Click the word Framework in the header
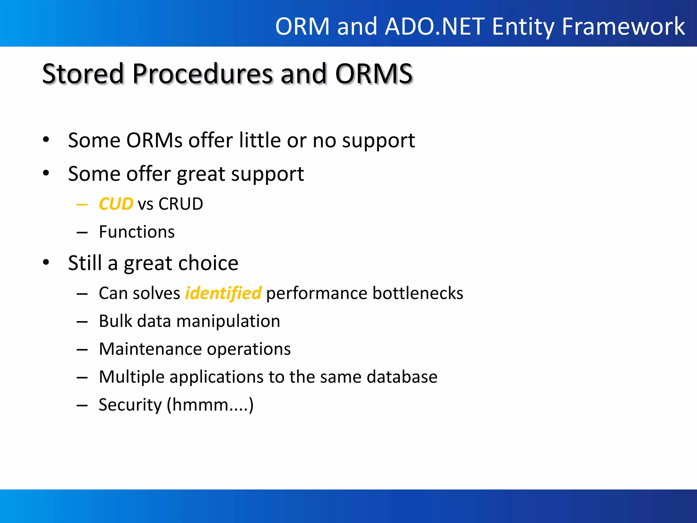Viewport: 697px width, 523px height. [x=623, y=27]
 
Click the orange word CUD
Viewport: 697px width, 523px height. [x=116, y=204]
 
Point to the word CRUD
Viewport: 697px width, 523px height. [x=181, y=204]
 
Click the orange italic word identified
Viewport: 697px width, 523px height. [x=223, y=293]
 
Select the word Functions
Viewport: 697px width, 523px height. [x=136, y=232]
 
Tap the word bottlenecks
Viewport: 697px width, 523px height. [x=418, y=293]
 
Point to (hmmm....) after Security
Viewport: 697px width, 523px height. [x=210, y=405]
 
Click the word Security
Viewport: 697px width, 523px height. [x=130, y=405]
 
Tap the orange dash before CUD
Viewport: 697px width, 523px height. [x=82, y=205]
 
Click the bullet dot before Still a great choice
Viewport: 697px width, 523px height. [x=46, y=263]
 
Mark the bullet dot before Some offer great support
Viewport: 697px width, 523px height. [x=46, y=173]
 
